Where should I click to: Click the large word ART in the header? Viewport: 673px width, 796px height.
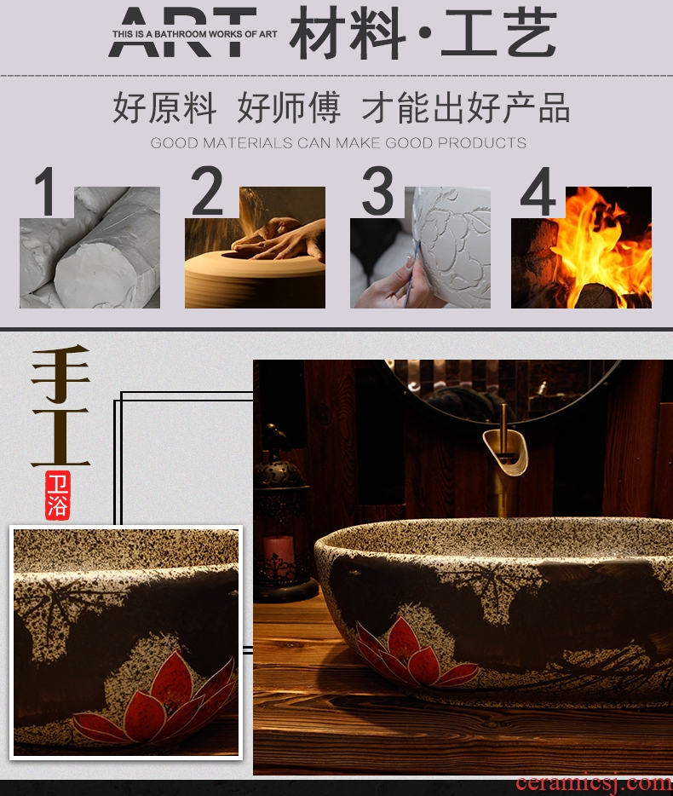click(x=182, y=32)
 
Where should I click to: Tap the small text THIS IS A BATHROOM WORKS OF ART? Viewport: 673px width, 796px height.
click(x=195, y=35)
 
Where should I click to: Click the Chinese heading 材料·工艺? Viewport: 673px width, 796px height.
click(x=423, y=33)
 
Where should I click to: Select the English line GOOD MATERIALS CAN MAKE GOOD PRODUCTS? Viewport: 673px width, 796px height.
click(x=338, y=143)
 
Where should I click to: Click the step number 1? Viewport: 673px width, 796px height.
click(x=46, y=192)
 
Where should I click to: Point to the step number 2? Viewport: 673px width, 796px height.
click(x=207, y=191)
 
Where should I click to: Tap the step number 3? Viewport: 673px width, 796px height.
click(x=377, y=191)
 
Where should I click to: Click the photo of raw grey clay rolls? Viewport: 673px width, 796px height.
click(x=89, y=247)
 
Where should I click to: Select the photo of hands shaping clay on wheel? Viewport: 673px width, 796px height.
click(x=255, y=247)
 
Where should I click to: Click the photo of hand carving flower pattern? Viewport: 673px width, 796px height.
click(x=420, y=247)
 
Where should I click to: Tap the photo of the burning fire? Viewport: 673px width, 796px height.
click(x=581, y=247)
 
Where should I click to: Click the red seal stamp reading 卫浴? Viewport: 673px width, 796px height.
click(x=57, y=495)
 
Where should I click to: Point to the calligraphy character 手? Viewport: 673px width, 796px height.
click(x=60, y=373)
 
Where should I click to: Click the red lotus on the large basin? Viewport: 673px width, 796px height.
click(x=414, y=649)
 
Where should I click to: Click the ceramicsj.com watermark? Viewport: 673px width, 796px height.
click(x=593, y=783)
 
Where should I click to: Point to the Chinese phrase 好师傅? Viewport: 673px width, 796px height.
click(x=288, y=107)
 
